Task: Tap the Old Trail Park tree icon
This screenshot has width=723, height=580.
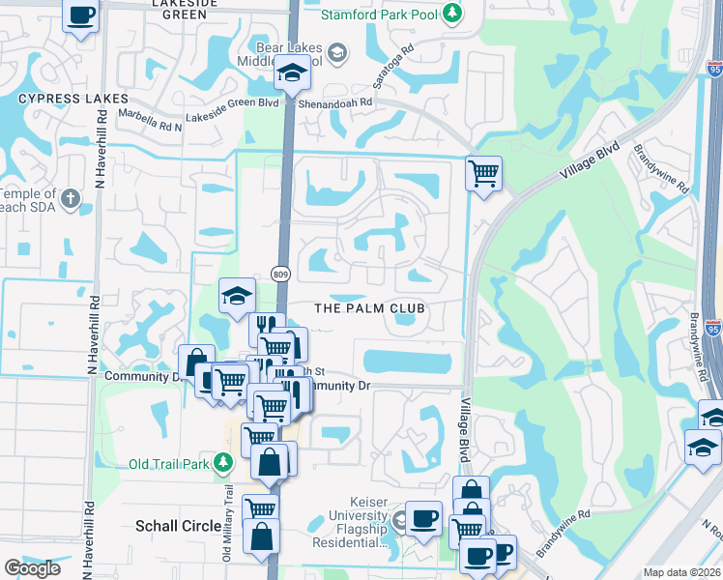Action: pos(223,437)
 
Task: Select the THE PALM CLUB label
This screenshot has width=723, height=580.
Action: pos(371,307)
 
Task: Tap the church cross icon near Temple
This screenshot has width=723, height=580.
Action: pos(69,200)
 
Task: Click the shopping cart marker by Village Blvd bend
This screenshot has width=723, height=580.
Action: pos(483,174)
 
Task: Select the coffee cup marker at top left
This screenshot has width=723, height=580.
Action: pos(82,15)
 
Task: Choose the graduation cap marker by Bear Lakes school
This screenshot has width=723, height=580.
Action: pos(290,73)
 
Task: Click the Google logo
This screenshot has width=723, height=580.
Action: pos(32,568)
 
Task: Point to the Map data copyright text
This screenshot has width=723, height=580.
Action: pos(682,572)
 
